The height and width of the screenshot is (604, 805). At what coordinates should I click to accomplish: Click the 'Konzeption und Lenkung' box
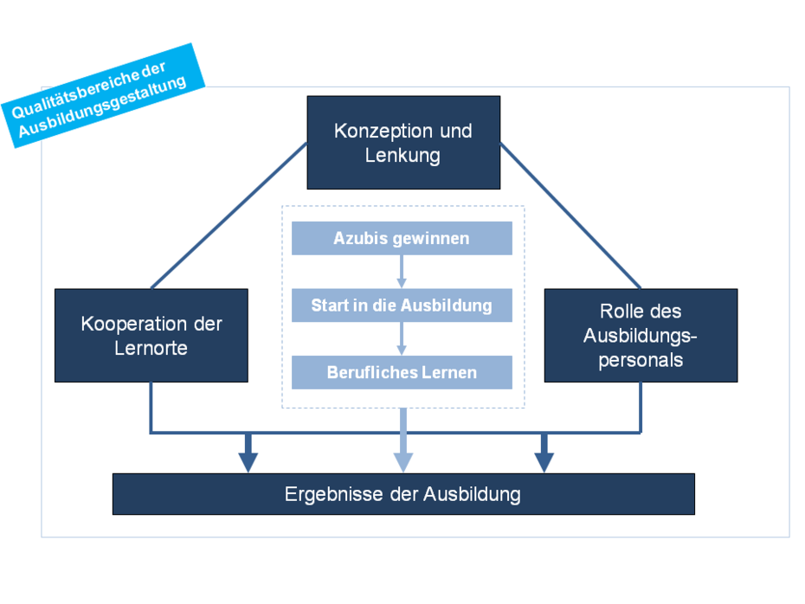[403, 143]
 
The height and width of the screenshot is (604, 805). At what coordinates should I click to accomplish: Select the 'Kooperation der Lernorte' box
[151, 336]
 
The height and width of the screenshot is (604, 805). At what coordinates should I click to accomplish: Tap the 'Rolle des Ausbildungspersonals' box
[641, 336]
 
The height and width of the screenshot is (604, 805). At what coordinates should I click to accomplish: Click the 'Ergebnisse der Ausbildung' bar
[403, 494]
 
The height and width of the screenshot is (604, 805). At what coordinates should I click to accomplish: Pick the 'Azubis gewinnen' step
[402, 239]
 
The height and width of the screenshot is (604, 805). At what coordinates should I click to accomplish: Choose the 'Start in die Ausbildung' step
[402, 305]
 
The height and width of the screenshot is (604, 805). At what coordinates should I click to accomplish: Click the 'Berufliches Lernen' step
[402, 373]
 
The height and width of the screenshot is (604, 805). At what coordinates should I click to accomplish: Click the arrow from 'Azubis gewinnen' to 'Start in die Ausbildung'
[402, 272]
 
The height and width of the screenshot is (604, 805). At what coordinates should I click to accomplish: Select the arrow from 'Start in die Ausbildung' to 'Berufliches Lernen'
[402, 338]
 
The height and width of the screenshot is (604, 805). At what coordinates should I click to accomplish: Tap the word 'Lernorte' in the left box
[151, 348]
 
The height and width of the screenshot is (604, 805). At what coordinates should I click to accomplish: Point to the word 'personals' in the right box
[641, 359]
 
